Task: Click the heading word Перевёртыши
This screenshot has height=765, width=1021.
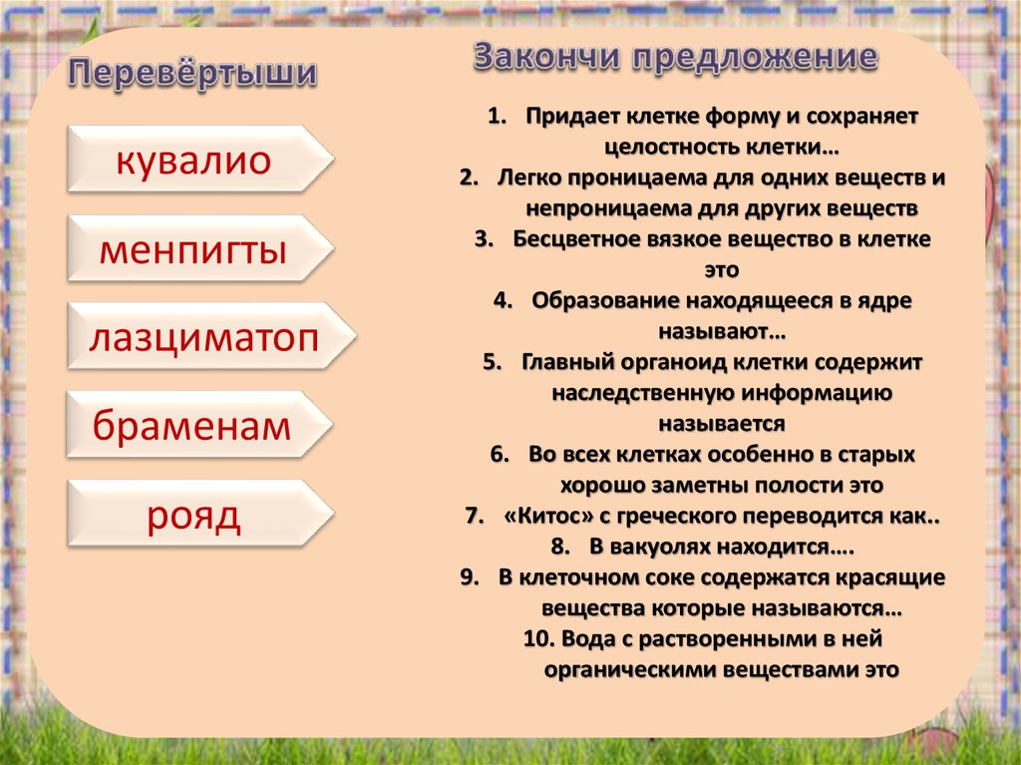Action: pyautogui.click(x=192, y=73)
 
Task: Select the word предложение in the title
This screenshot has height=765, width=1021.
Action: pyautogui.click(x=756, y=59)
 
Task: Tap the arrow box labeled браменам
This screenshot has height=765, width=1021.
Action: pyautogui.click(x=199, y=424)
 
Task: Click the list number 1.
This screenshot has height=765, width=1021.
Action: pyautogui.click(x=497, y=116)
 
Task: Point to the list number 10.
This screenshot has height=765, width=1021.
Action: pyautogui.click(x=538, y=638)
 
